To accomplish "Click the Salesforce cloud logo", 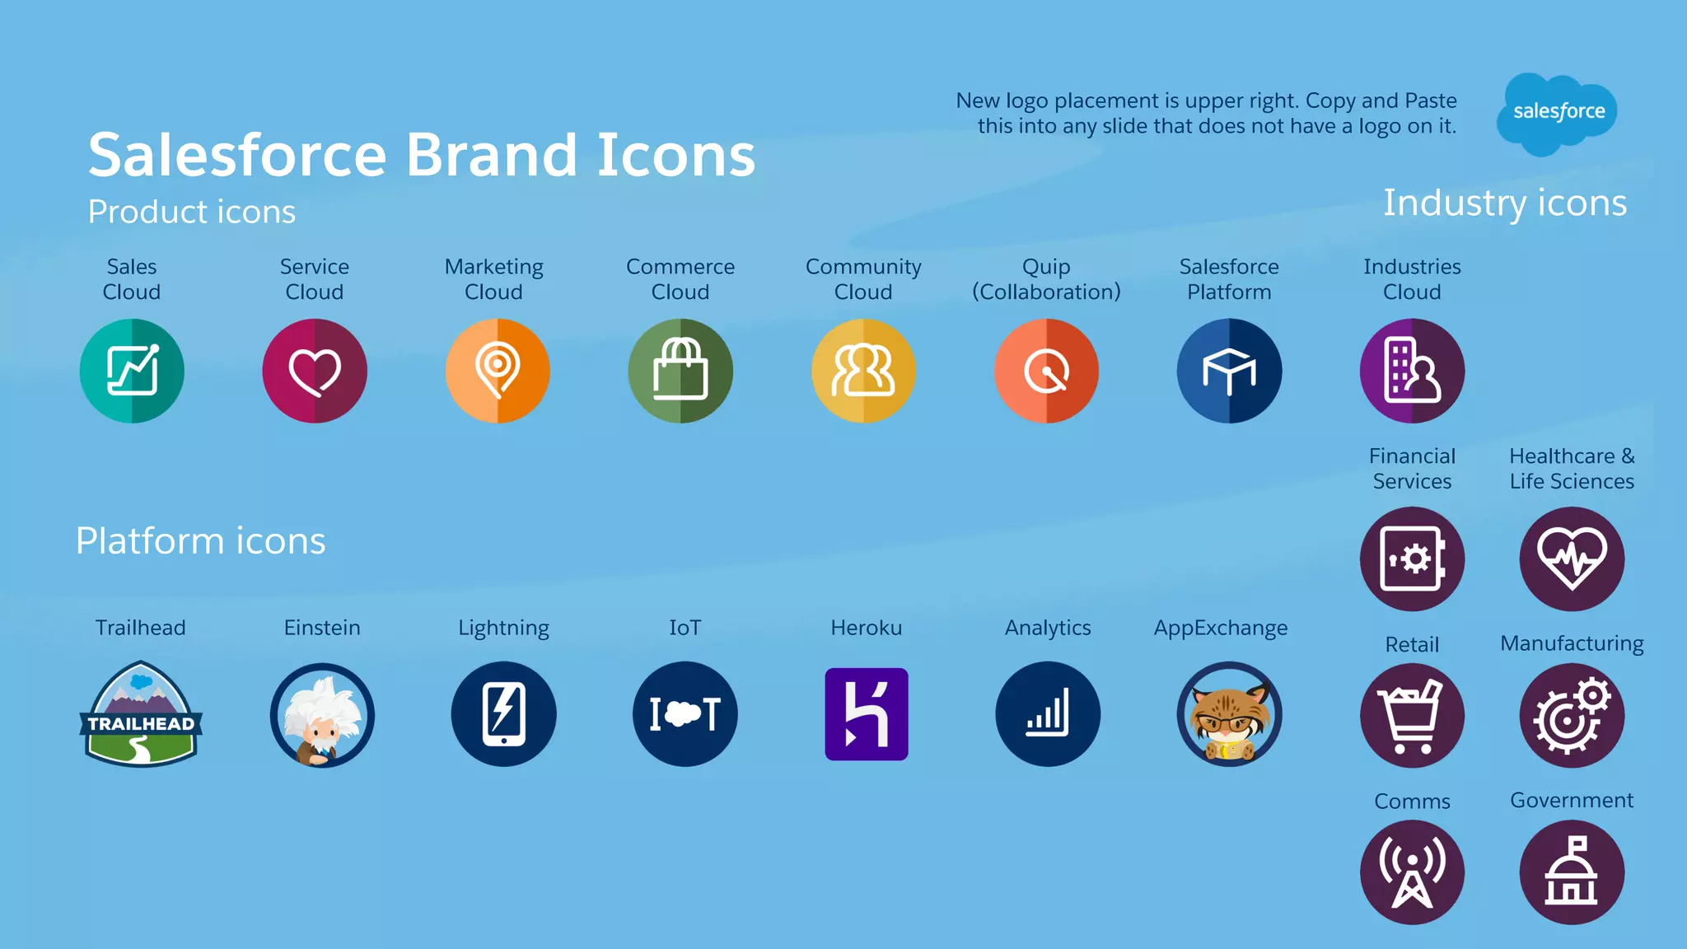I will coord(1557,113).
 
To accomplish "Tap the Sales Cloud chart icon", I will coord(132,371).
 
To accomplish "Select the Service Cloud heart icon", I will coord(315,371).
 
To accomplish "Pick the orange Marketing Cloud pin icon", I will coord(498,371).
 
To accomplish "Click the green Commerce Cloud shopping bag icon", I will coord(680,371).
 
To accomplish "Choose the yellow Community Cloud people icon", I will coord(863,371).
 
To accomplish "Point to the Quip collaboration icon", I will coord(1046,371).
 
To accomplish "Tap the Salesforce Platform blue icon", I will coord(1229,371).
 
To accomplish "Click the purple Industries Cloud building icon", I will coord(1412,371).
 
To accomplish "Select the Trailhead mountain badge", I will coord(141,714).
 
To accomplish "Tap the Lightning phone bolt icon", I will coord(503,714).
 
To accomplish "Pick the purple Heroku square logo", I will coord(867,714).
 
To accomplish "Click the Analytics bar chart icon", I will coord(1048,714).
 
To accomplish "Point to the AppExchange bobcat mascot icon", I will coord(1229,714).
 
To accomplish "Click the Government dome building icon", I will coord(1572,872).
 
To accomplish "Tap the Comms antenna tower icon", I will coord(1412,872).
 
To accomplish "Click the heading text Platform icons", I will coord(201,541).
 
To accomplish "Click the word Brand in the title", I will coord(491,155).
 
